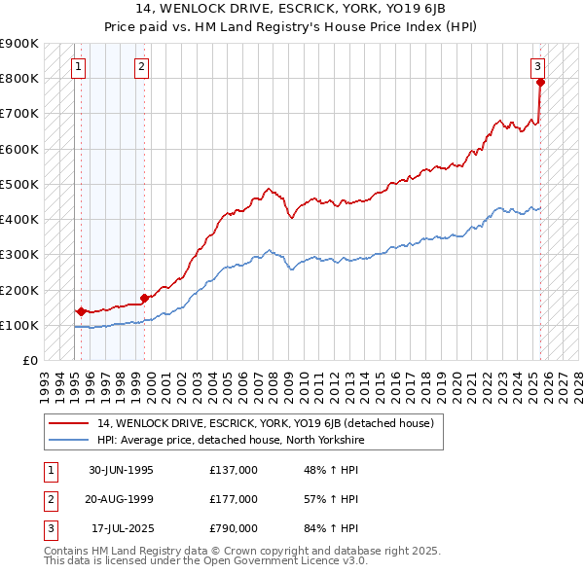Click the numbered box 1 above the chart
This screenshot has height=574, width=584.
(78, 67)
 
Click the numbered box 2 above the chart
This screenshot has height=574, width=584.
(141, 67)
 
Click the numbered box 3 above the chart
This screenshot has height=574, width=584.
(536, 67)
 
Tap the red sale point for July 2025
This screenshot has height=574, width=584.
(541, 82)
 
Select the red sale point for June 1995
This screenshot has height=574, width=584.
(80, 312)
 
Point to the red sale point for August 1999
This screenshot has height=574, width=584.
(144, 298)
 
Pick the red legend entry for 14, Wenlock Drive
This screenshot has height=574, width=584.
(271, 423)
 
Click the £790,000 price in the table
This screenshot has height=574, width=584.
(234, 528)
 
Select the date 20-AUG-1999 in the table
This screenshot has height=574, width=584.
(121, 499)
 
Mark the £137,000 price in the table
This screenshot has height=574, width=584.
(234, 470)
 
